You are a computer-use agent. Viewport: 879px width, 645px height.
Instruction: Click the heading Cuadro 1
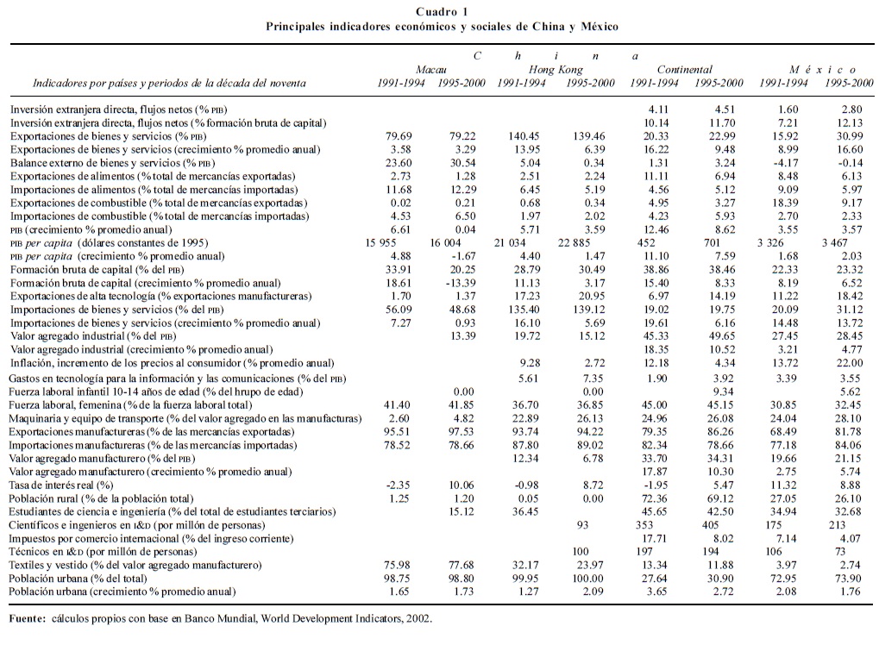click(443, 11)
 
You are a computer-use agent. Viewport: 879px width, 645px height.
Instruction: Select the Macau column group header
click(431, 69)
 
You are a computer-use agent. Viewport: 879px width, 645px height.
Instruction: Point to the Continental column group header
click(685, 69)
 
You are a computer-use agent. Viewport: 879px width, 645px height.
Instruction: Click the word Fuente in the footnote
click(28, 618)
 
